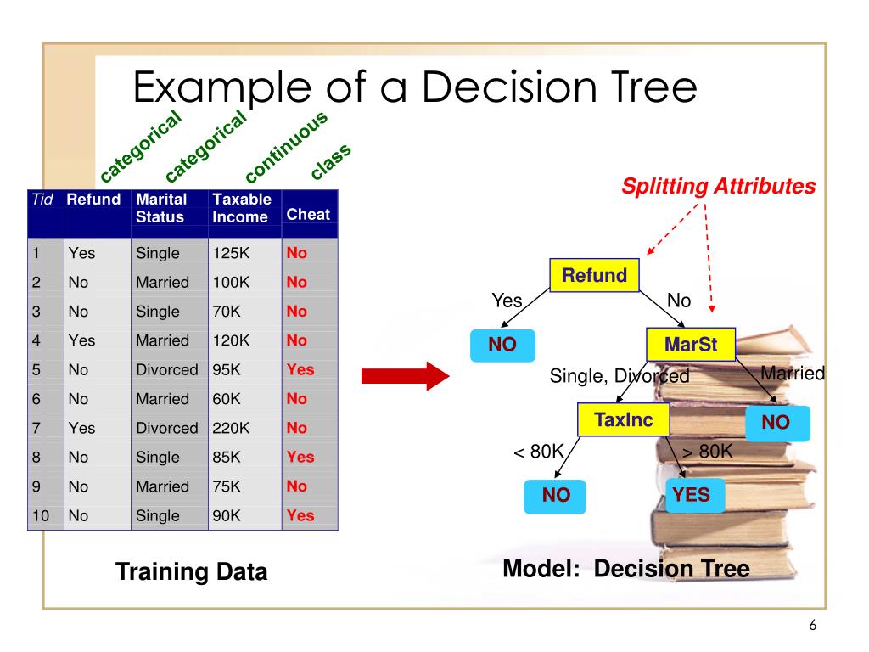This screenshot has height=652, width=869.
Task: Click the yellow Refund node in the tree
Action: [x=594, y=276]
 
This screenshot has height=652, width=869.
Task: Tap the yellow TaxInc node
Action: [x=623, y=420]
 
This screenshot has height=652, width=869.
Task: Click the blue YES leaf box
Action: [x=691, y=495]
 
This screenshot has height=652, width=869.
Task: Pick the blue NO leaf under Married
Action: [x=776, y=423]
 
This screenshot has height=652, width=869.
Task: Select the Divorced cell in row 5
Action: [x=166, y=369]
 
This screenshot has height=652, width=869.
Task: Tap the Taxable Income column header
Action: [x=242, y=208]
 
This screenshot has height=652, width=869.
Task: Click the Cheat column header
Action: [x=308, y=215]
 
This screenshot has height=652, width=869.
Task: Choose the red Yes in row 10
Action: [x=300, y=515]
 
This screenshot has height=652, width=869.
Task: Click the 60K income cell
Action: [x=227, y=399]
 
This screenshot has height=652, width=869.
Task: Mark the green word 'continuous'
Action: [x=286, y=148]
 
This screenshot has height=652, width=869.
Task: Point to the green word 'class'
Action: [x=331, y=161]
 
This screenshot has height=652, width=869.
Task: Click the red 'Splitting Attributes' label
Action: [x=719, y=187]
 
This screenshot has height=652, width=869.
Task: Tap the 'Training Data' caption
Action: [x=191, y=572]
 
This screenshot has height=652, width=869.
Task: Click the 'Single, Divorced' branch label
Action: [x=620, y=376]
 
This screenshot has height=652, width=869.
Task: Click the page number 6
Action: [x=812, y=626]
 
